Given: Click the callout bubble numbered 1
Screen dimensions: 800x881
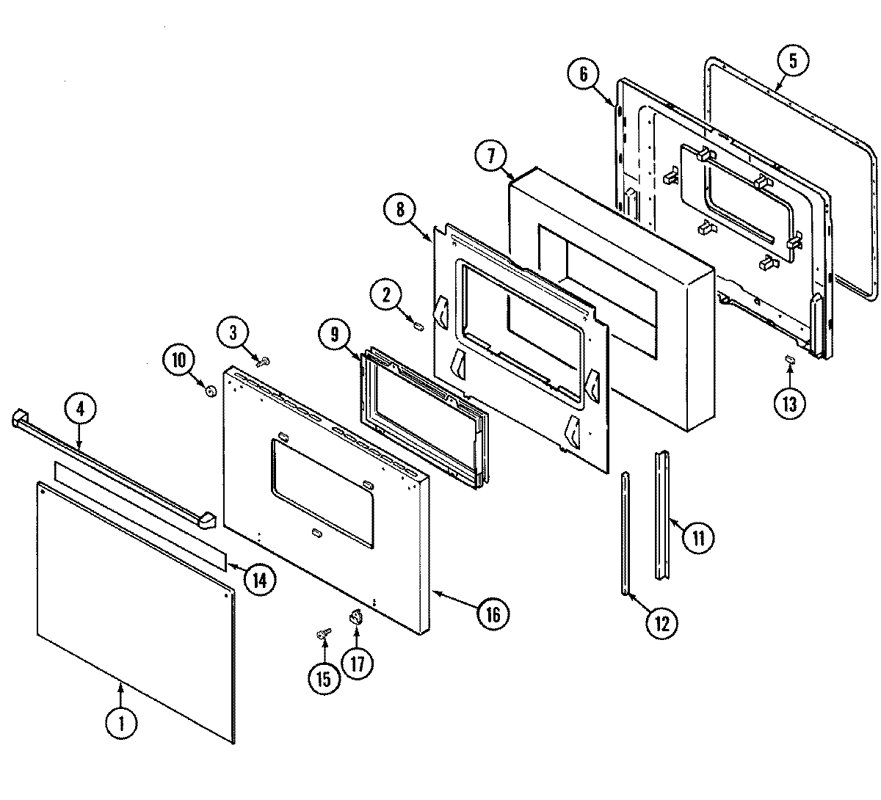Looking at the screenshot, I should (x=122, y=722).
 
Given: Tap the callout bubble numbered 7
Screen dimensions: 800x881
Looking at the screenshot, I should (x=491, y=156).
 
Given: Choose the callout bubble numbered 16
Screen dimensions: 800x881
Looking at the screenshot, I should (x=493, y=614).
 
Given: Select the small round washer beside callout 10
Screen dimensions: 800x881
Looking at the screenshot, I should (x=211, y=392).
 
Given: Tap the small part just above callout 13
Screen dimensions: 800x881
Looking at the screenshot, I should (x=790, y=359).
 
